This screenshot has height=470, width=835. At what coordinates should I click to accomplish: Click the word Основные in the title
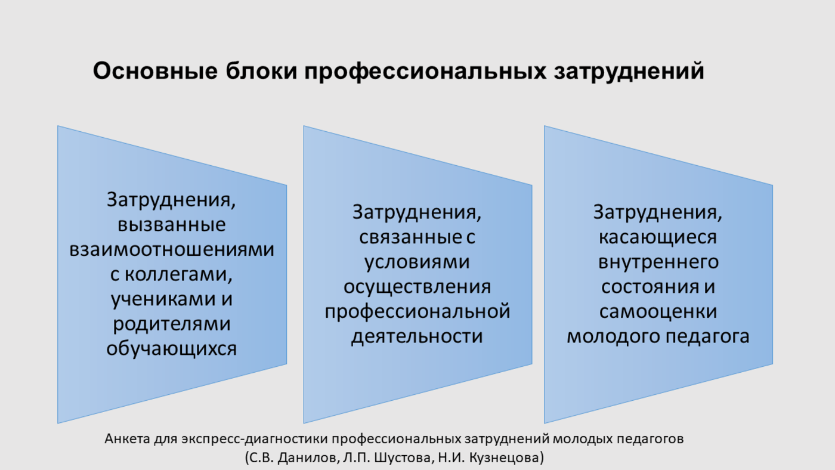point(155,71)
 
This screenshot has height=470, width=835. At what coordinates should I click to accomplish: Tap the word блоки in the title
point(261,71)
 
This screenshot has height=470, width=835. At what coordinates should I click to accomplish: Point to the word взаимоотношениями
point(172,249)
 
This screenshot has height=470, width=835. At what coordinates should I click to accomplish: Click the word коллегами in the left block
point(178,274)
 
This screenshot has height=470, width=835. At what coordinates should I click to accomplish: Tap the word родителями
point(172,324)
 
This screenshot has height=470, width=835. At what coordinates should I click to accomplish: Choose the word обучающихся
point(172,348)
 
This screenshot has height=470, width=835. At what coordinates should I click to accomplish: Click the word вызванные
point(172,225)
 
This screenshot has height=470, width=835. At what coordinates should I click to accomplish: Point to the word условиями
point(417,262)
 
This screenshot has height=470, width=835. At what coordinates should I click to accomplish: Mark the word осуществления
point(417,287)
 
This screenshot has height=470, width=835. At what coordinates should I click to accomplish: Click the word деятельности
point(417,336)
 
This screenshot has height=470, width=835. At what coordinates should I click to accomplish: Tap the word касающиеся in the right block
point(657,237)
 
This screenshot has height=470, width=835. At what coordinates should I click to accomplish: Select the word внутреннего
point(658,262)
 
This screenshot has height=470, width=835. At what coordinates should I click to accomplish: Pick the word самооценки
point(658,311)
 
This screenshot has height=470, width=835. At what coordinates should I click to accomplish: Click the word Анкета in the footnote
point(128,439)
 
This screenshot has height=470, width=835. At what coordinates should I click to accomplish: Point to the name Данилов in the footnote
point(307,457)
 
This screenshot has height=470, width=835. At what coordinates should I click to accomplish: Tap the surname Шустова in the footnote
point(403,457)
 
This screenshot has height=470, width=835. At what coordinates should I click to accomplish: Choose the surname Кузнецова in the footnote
point(503,457)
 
